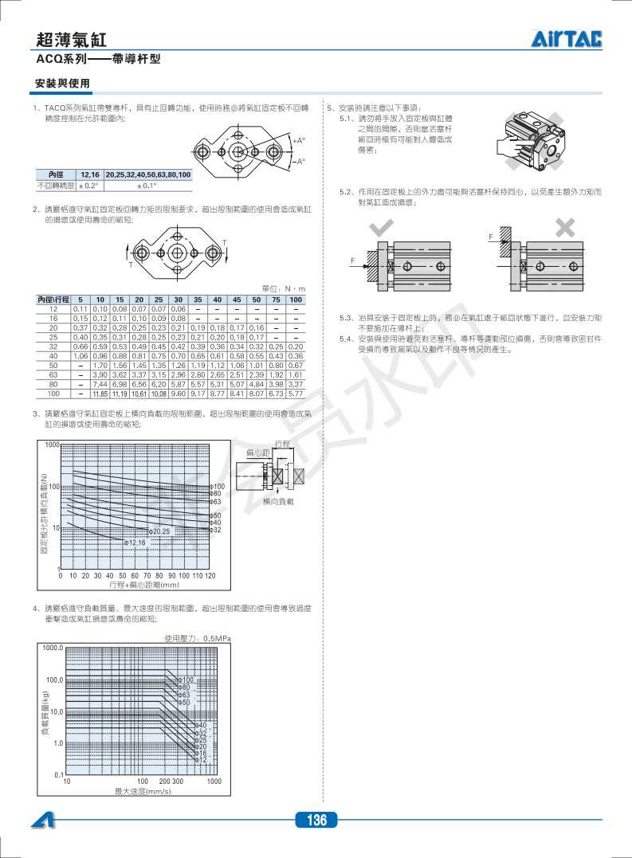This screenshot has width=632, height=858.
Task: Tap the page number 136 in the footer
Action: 316,820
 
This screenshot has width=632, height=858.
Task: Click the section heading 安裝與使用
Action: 62,84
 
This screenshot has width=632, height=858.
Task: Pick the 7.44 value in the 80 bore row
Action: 100,384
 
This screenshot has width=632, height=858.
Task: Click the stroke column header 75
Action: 276,300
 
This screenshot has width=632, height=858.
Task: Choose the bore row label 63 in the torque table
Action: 53,374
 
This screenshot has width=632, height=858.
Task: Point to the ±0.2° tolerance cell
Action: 88,186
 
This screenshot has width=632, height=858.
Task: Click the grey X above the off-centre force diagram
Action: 565,229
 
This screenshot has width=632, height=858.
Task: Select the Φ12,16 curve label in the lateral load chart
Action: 135,542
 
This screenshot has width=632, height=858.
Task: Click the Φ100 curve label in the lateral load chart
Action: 218,486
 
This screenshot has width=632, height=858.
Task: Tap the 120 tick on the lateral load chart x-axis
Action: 210,574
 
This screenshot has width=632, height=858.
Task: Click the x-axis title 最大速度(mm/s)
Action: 143,791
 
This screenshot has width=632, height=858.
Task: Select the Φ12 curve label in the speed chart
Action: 201,760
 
